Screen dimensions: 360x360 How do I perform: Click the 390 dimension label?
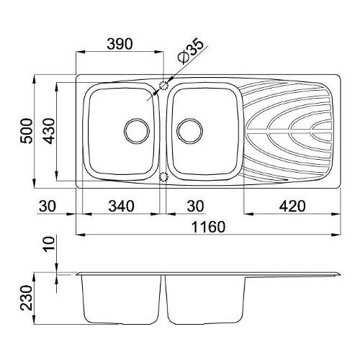[x=120, y=44]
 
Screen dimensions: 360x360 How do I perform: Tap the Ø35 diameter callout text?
[x=190, y=51]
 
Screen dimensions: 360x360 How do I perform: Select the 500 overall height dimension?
[x=26, y=131]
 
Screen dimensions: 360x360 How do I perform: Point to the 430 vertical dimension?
[x=50, y=131]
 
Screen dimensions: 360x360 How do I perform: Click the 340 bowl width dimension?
[x=121, y=206]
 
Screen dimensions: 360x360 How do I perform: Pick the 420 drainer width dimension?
[x=292, y=206]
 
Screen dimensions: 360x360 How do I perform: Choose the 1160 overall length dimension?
[x=209, y=227]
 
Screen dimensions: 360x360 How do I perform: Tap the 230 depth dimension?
[x=26, y=298]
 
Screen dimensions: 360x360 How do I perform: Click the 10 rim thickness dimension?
[x=49, y=243]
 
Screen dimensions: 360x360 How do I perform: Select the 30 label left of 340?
[x=48, y=206]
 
